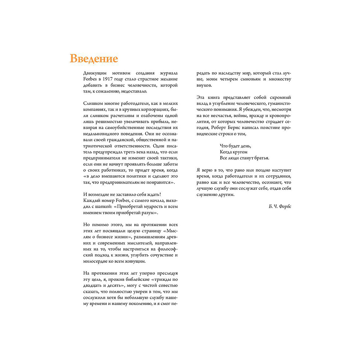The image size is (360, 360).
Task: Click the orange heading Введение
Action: [94, 58]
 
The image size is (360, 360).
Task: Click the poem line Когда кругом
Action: [234, 152]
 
